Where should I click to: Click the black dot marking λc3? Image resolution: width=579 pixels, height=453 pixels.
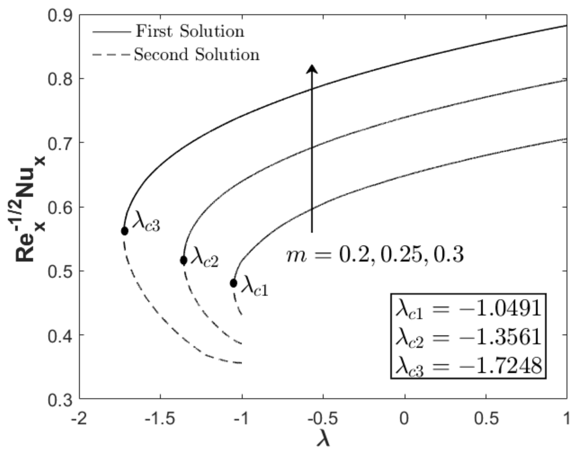[x=124, y=231]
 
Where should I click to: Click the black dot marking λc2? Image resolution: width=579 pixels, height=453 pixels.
[x=184, y=260]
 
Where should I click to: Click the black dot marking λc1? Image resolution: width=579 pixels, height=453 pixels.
[x=233, y=283]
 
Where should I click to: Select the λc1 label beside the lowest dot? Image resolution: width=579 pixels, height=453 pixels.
[x=255, y=286]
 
